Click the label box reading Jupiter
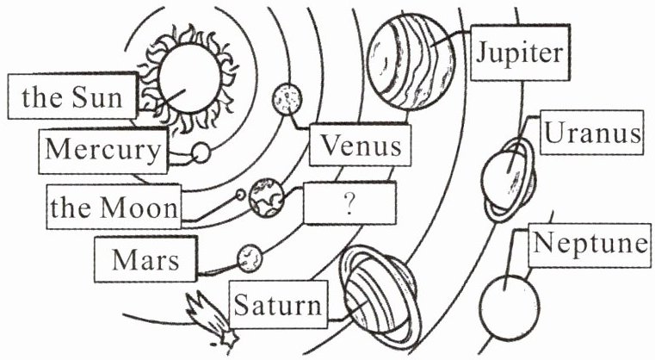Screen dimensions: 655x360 coord(520,53)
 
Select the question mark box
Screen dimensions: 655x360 coord(349,203)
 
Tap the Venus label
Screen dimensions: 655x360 coord(360,145)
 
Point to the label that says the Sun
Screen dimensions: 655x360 coord(72,96)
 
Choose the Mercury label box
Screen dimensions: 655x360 coord(103,151)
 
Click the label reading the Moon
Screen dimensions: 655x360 coord(114,207)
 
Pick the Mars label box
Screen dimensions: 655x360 coord(145,259)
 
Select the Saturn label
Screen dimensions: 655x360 coord(278,304)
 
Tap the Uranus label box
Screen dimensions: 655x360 coord(592,133)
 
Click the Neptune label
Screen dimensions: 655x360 coord(590,245)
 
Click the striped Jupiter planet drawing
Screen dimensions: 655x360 coord(411,61)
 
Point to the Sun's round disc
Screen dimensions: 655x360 coord(189,78)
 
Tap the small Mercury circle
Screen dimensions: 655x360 coord(201,153)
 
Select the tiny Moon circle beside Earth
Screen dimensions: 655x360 coord(241,195)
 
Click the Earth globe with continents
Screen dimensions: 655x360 coord(266,198)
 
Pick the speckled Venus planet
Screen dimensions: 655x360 coord(287,100)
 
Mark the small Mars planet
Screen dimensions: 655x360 coord(250,258)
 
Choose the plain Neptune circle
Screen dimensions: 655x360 coord(510,307)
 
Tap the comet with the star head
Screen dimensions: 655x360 coord(211,320)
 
